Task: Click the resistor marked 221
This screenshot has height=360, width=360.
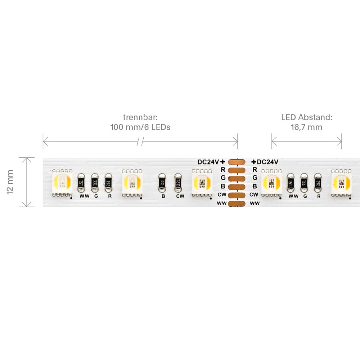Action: pyautogui.click(x=178, y=183)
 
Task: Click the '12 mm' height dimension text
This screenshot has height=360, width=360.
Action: pyautogui.click(x=10, y=182)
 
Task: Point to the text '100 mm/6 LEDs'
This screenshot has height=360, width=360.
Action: pyautogui.click(x=140, y=127)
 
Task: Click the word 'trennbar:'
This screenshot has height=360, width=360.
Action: pyautogui.click(x=140, y=117)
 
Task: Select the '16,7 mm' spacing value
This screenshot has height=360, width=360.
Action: pyautogui.click(x=306, y=127)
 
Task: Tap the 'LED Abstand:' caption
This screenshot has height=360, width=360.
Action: pyautogui.click(x=306, y=117)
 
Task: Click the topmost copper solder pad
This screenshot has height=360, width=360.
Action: pyautogui.click(x=237, y=162)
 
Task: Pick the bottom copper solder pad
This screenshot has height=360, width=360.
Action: pyautogui.click(x=237, y=204)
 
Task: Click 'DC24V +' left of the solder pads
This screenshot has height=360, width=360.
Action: pyautogui.click(x=211, y=162)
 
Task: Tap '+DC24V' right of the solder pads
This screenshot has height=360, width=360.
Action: pyautogui.click(x=265, y=162)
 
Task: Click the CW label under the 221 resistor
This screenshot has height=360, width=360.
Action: pyautogui.click(x=180, y=196)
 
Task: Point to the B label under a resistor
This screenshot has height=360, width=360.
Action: pyautogui.click(x=163, y=196)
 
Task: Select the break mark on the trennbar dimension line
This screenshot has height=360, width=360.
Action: pyautogui.click(x=140, y=141)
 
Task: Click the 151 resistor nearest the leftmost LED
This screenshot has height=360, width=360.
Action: pyautogui.click(x=81, y=183)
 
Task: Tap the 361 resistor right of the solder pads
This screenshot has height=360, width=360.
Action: pyautogui.click(x=318, y=183)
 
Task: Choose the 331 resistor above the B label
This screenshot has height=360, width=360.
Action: pyautogui.click(x=162, y=183)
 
